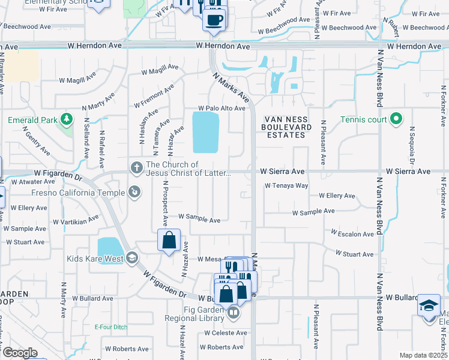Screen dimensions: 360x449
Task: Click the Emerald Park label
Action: (x=33, y=120)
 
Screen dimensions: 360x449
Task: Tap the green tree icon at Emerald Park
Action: (x=66, y=120)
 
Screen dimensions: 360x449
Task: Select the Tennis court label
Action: (x=364, y=119)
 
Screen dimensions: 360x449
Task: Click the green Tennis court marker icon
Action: (x=396, y=119)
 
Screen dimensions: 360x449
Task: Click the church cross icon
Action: (x=136, y=166)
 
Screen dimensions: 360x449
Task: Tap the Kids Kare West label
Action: (x=95, y=259)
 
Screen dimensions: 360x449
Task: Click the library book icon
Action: (x=234, y=312)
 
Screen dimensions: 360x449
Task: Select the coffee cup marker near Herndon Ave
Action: (x=214, y=20)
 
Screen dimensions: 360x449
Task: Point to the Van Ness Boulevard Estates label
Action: (x=286, y=127)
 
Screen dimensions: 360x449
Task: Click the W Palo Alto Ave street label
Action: (x=222, y=109)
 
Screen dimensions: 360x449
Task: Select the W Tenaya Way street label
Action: (x=286, y=185)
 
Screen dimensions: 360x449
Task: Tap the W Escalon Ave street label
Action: (x=352, y=234)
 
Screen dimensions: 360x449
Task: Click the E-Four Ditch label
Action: (x=111, y=327)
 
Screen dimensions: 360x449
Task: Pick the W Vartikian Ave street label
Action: (x=75, y=220)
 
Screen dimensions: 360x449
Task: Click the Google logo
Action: (x=20, y=353)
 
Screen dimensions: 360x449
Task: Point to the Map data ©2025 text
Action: (x=424, y=355)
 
